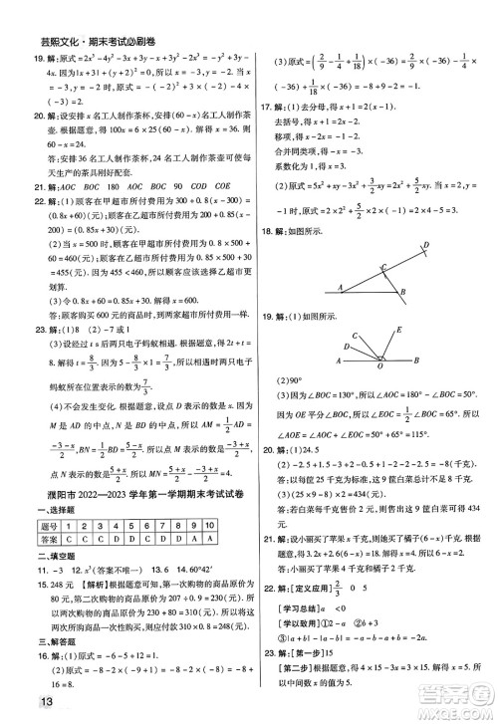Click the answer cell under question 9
coord(217,552)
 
